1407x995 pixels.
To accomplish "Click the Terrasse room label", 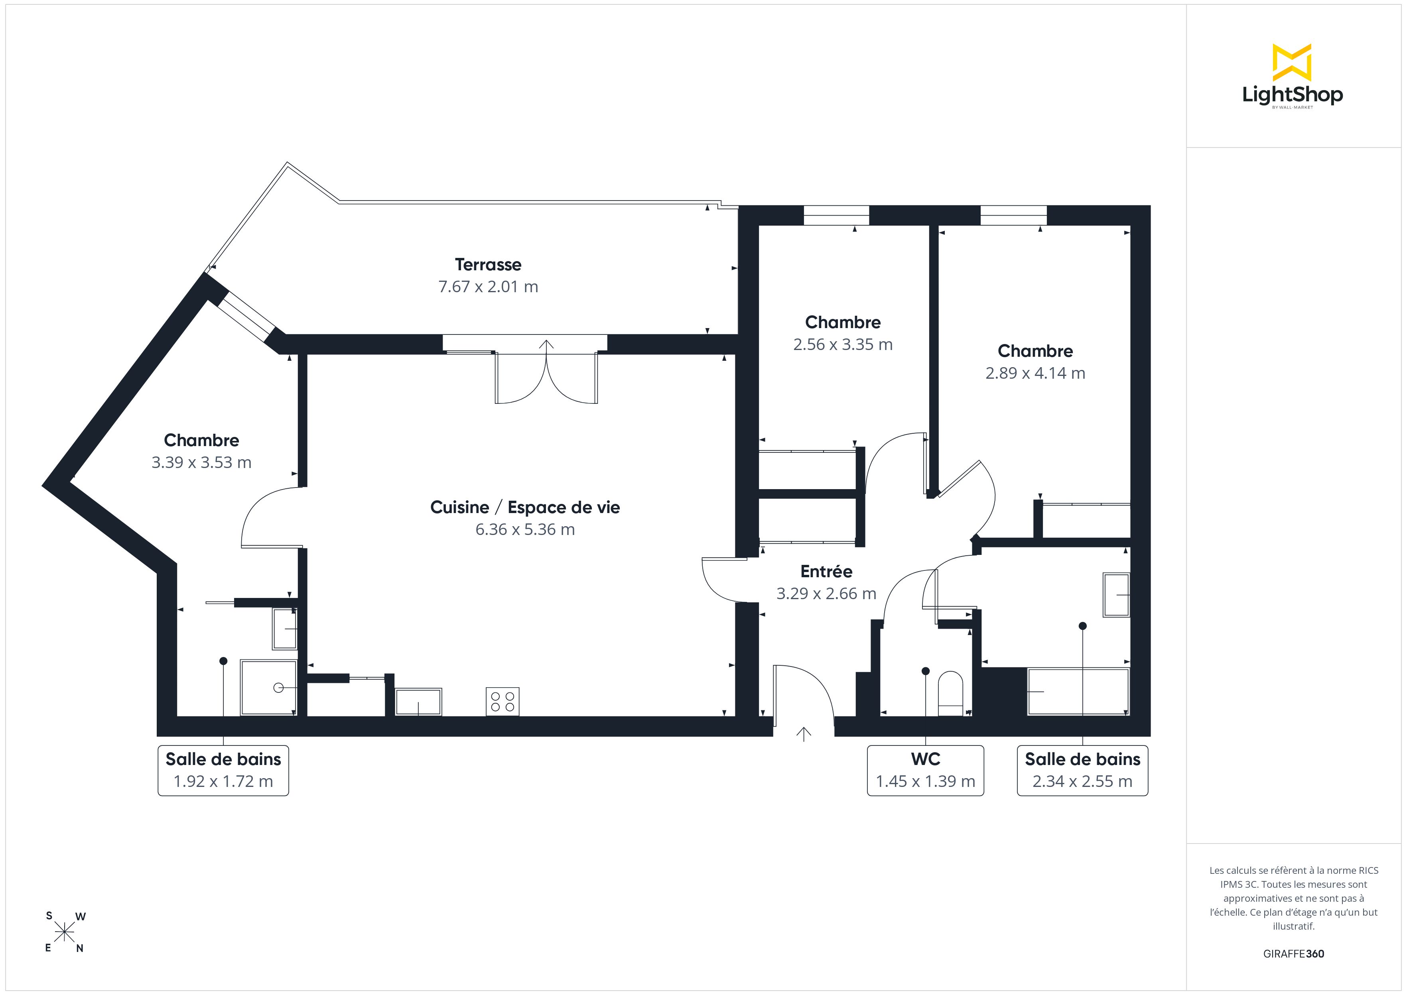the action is coord(488,265).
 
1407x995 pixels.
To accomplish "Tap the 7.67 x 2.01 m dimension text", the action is coord(488,287).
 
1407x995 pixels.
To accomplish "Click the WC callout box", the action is coord(925,770).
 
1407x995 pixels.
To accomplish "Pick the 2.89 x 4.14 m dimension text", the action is coord(1035,373).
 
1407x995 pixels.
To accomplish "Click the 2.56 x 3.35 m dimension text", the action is coord(843,344).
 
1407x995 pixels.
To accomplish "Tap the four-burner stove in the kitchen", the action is coord(503,702).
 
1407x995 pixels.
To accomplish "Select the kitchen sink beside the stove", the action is coord(418,702).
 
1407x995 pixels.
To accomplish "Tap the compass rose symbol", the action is coord(64,932).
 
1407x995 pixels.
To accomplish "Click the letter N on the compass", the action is coord(80,948).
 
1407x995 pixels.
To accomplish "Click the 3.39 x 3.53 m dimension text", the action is coord(202,462).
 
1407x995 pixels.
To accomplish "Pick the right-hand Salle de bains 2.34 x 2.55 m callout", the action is coord(1082,770).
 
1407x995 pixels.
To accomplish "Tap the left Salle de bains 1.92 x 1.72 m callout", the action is coord(223,770).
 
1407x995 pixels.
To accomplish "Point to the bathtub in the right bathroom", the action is coord(1078,692).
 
